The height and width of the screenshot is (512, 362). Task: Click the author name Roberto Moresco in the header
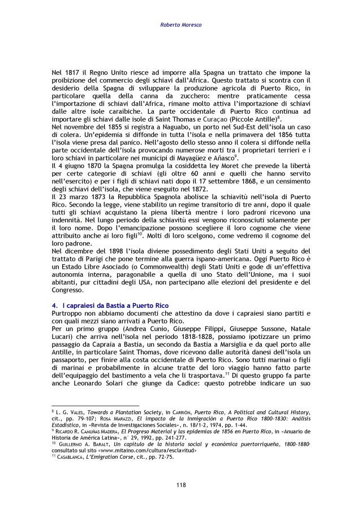(x=180, y=25)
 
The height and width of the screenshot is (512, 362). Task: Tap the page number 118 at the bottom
(x=180, y=485)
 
